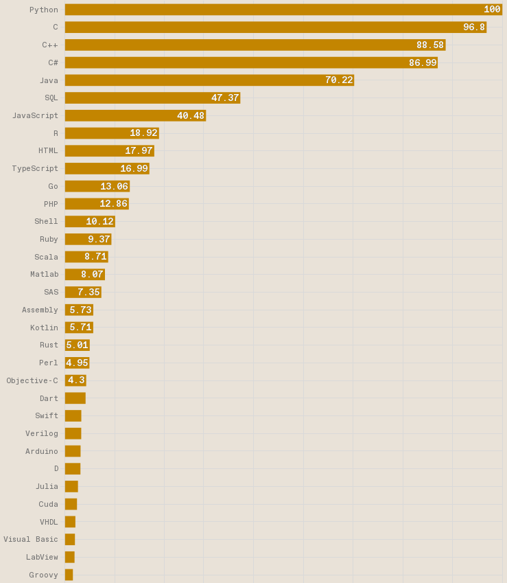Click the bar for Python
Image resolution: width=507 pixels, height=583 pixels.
pyautogui.click(x=283, y=10)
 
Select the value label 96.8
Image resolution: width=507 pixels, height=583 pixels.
pyautogui.click(x=473, y=27)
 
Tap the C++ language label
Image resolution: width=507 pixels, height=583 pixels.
pyautogui.click(x=49, y=45)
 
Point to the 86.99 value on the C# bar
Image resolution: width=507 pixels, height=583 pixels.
pyautogui.click(x=423, y=63)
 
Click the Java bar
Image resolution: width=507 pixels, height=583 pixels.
pyautogui.click(x=209, y=80)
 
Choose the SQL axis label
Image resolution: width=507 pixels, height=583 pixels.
pyautogui.click(x=51, y=98)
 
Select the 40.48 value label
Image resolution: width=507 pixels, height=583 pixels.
pyautogui.click(x=190, y=116)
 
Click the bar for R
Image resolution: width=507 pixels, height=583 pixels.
pyautogui.click(x=112, y=133)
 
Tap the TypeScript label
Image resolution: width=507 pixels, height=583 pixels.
pyautogui.click(x=35, y=169)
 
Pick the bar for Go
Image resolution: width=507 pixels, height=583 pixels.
pyautogui.click(x=97, y=187)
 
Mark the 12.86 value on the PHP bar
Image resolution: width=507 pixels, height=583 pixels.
pyautogui.click(x=113, y=204)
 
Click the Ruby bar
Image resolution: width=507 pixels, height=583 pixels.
pyautogui.click(x=88, y=240)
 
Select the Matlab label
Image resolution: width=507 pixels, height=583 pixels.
pyautogui.click(x=44, y=275)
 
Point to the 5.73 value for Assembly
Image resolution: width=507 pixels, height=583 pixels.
pyautogui.click(x=80, y=310)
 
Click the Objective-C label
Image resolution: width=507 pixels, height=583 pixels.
pyautogui.click(x=32, y=381)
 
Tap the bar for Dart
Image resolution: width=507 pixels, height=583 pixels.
pyautogui.click(x=75, y=398)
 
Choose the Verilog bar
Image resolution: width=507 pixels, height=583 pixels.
pyautogui.click(x=73, y=434)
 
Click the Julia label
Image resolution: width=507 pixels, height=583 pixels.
pyautogui.click(x=47, y=487)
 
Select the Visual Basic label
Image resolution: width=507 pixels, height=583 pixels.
pyautogui.click(x=31, y=540)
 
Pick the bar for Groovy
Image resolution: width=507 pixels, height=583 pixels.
pyautogui.click(x=69, y=575)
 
